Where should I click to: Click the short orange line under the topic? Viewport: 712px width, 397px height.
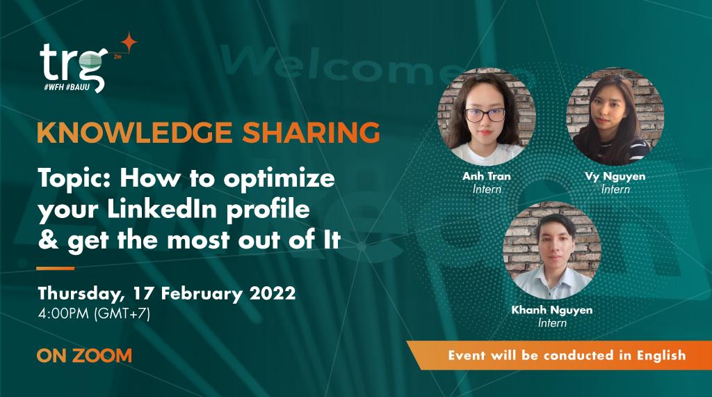(56, 268)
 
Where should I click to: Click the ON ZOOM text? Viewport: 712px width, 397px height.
(84, 355)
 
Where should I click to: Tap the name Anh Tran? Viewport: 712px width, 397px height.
(486, 176)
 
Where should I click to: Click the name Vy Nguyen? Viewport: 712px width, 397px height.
(615, 176)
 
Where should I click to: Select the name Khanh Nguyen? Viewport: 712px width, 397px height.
(552, 310)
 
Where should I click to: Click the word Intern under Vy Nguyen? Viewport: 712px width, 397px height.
(615, 189)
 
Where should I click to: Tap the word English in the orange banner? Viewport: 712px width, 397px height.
(656, 355)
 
